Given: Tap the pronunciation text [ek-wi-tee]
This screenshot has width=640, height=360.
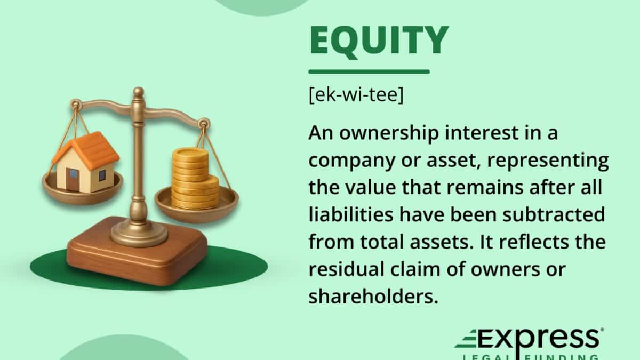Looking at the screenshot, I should tap(356, 98).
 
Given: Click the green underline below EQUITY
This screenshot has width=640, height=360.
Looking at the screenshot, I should tap(369, 71).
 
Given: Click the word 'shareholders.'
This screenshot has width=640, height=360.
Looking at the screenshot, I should tap(373, 297).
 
